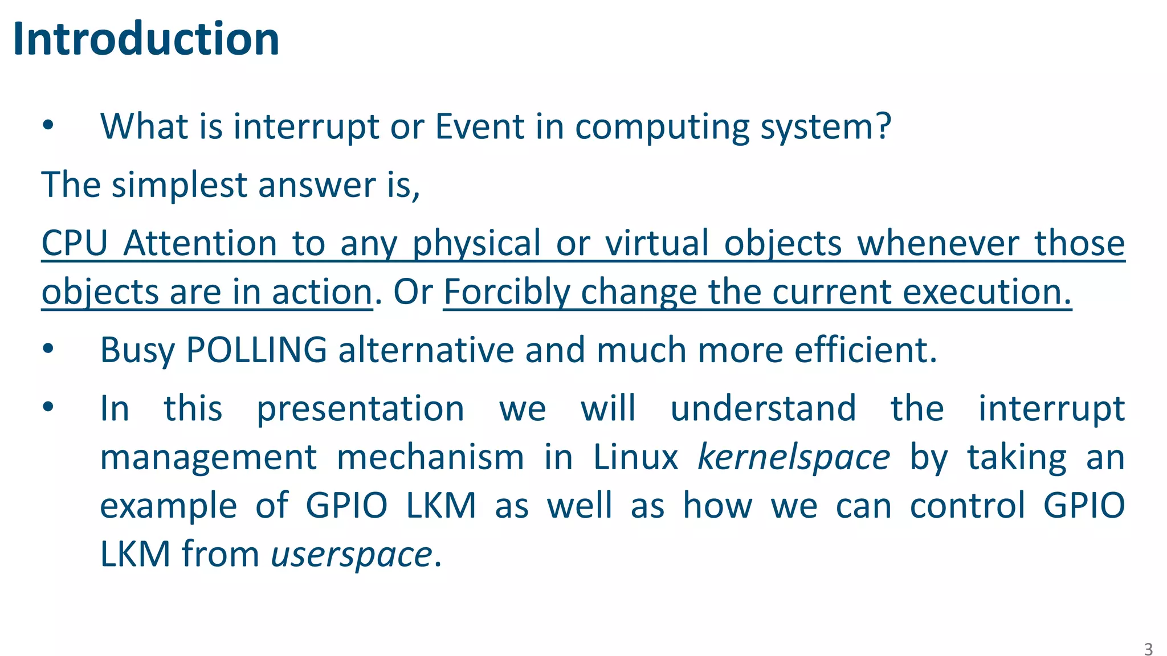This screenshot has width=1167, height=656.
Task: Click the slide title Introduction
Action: (146, 39)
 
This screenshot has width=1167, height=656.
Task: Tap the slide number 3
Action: (1148, 649)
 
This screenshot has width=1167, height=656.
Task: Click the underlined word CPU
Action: (75, 243)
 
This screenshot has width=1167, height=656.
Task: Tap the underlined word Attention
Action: (200, 243)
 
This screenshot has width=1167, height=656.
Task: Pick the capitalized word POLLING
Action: (256, 350)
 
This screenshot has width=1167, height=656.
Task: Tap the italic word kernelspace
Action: (793, 457)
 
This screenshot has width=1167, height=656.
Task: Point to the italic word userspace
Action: (351, 554)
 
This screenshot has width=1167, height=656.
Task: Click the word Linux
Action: (635, 457)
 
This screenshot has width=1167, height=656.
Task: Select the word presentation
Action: (360, 409)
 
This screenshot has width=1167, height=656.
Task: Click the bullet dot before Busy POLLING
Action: (48, 348)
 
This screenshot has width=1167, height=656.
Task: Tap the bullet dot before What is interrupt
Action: (48, 125)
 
